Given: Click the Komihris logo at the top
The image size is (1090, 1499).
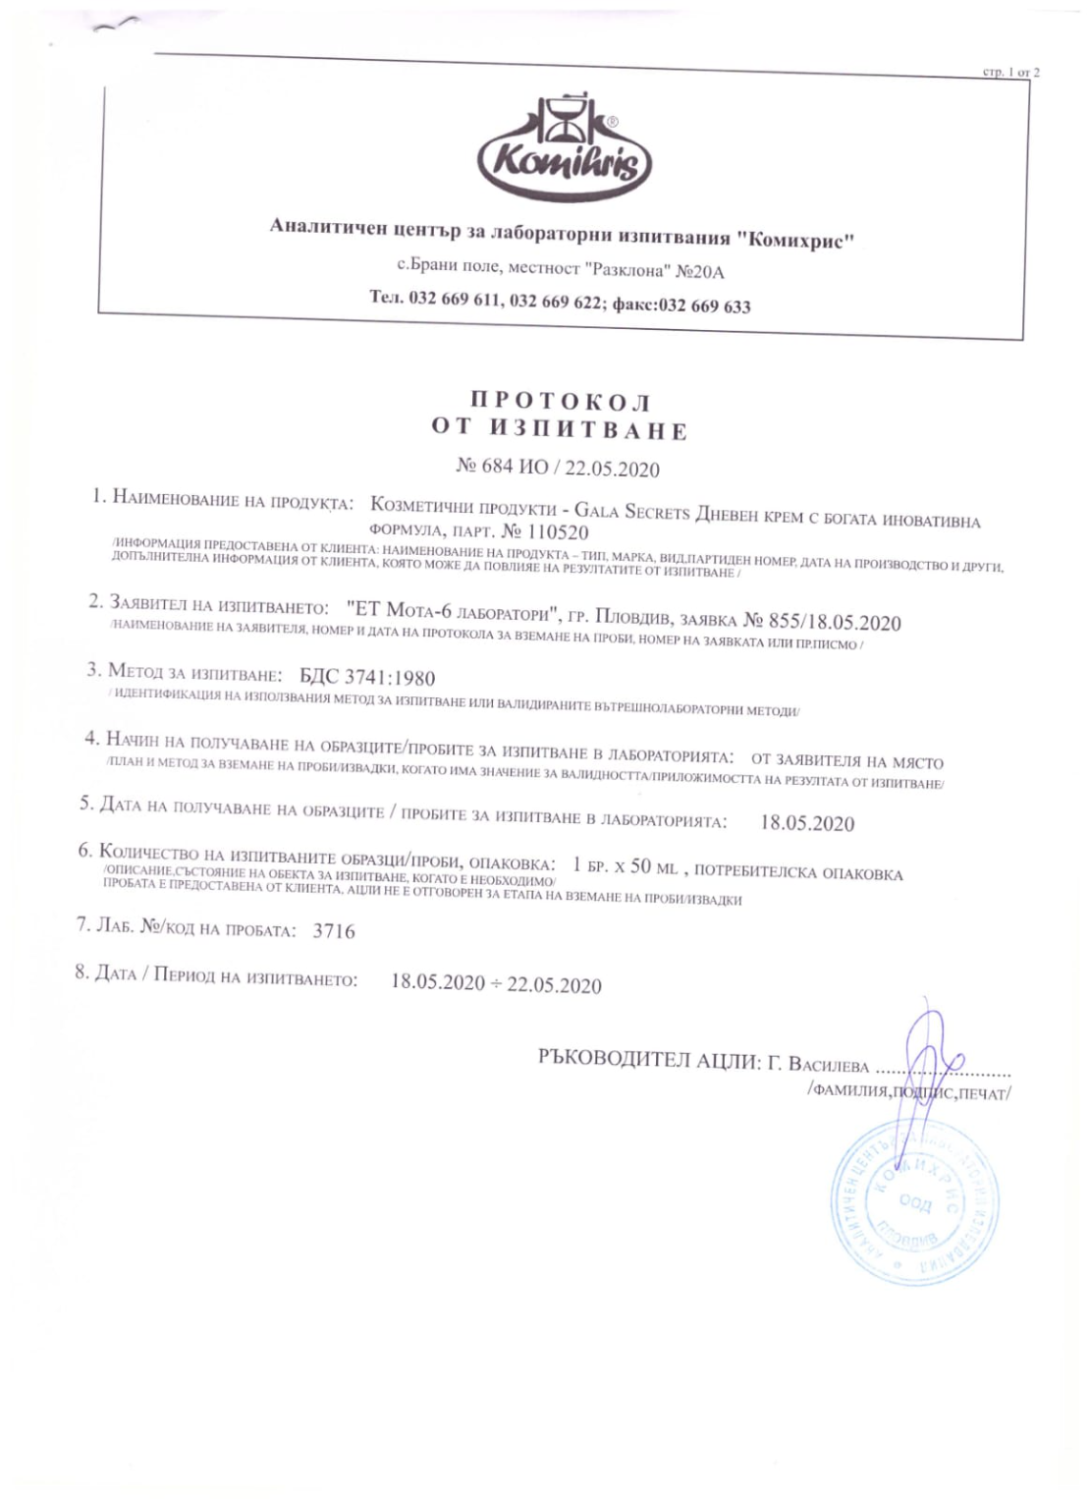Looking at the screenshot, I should coord(563,146).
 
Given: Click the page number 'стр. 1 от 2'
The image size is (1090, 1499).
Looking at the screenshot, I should coord(1010,72).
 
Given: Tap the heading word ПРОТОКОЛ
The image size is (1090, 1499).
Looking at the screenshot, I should coord(560,402).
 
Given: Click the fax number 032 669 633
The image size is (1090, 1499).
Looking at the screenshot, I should coord(704,305).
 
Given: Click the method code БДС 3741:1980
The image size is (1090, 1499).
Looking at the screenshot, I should coord(366,677).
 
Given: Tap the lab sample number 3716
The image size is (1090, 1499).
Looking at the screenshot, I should coord(334,931).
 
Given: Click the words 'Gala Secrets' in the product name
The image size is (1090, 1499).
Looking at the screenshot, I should coord(632,512).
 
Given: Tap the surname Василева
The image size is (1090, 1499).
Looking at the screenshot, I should coord(827,1065).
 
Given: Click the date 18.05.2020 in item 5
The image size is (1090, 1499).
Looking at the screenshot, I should coord(807,823).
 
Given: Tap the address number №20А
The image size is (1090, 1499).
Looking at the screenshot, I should coord(700,272).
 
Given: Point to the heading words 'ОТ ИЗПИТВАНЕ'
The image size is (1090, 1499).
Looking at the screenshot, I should coord(560,430).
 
